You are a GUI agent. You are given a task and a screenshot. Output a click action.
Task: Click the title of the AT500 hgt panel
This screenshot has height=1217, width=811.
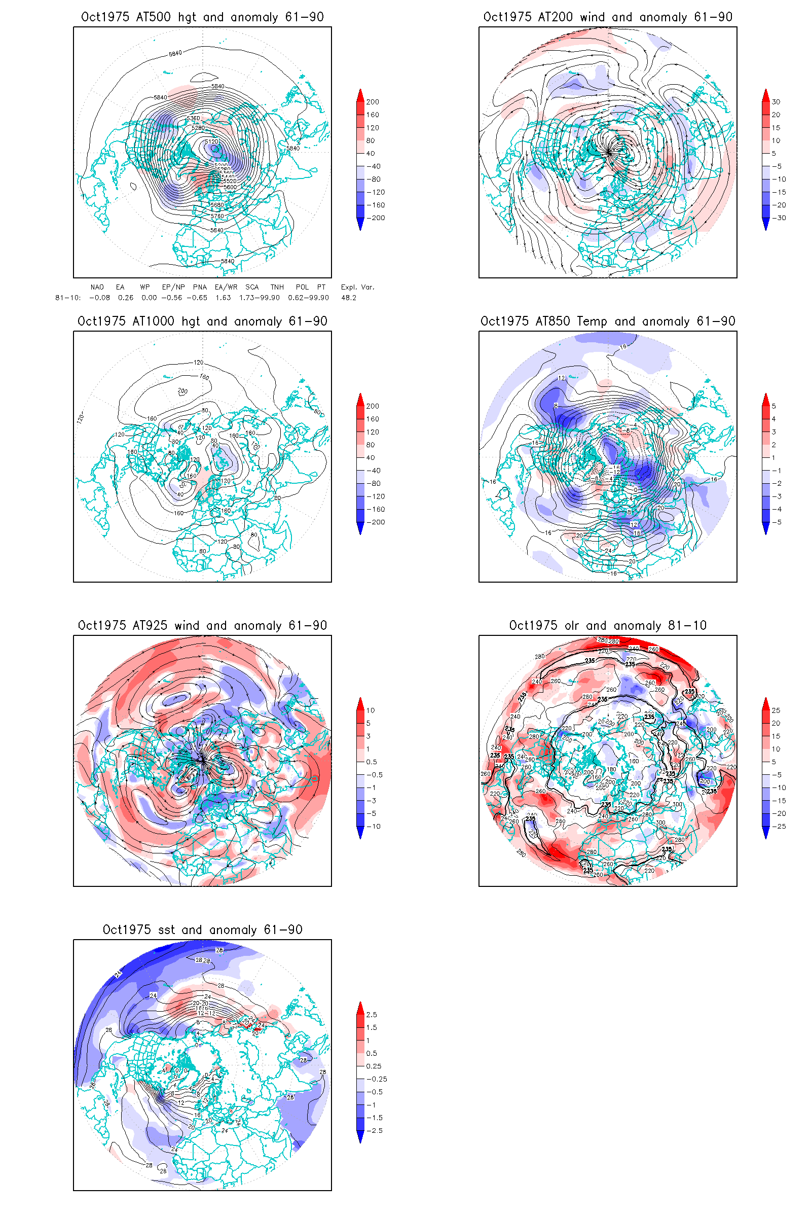click(x=202, y=17)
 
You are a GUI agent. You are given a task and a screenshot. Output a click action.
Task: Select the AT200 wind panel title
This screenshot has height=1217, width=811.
click(x=608, y=17)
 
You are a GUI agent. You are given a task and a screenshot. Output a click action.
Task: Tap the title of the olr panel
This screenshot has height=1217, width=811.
click(x=608, y=626)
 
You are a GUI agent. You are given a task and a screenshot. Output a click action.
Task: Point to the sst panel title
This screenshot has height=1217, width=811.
click(x=202, y=930)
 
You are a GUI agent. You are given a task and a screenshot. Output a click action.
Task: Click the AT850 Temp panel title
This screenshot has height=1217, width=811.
click(x=608, y=321)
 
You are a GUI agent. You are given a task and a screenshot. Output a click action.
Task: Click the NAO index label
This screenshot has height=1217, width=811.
click(x=97, y=287)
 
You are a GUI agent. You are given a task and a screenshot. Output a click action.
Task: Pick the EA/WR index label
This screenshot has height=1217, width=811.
click(x=226, y=287)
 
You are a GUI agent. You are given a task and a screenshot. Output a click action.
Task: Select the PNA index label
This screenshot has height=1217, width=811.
click(x=200, y=287)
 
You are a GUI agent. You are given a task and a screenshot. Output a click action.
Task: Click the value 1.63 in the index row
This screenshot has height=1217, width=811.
click(x=223, y=298)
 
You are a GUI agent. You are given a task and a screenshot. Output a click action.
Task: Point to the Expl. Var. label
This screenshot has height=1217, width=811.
click(x=357, y=287)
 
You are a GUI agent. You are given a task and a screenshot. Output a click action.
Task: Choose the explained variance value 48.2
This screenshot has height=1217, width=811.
click(x=349, y=298)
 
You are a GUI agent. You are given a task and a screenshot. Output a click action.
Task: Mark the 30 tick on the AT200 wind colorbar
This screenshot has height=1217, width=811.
click(x=776, y=102)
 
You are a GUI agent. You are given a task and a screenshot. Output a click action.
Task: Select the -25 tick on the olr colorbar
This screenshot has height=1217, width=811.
click(x=779, y=827)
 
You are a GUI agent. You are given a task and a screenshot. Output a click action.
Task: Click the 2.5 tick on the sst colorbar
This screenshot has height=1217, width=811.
click(x=372, y=1015)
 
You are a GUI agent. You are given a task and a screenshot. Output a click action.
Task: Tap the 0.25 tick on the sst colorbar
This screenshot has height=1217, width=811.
click(x=374, y=1066)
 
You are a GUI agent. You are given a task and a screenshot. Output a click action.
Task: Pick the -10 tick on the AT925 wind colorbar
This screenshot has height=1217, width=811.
click(x=373, y=827)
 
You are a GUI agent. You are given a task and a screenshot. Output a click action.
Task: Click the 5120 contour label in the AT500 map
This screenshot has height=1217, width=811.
click(x=211, y=141)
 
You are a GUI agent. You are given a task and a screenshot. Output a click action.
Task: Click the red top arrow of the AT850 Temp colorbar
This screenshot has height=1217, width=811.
click(x=766, y=399)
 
